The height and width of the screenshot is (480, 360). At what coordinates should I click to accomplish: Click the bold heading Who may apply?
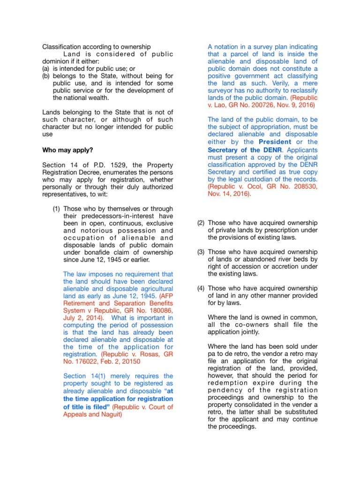click(x=68, y=150)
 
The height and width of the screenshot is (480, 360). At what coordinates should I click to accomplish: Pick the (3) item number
click(x=201, y=252)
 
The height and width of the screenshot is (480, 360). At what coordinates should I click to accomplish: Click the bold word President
click(x=275, y=142)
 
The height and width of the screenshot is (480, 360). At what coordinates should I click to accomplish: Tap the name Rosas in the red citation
click(x=146, y=354)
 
